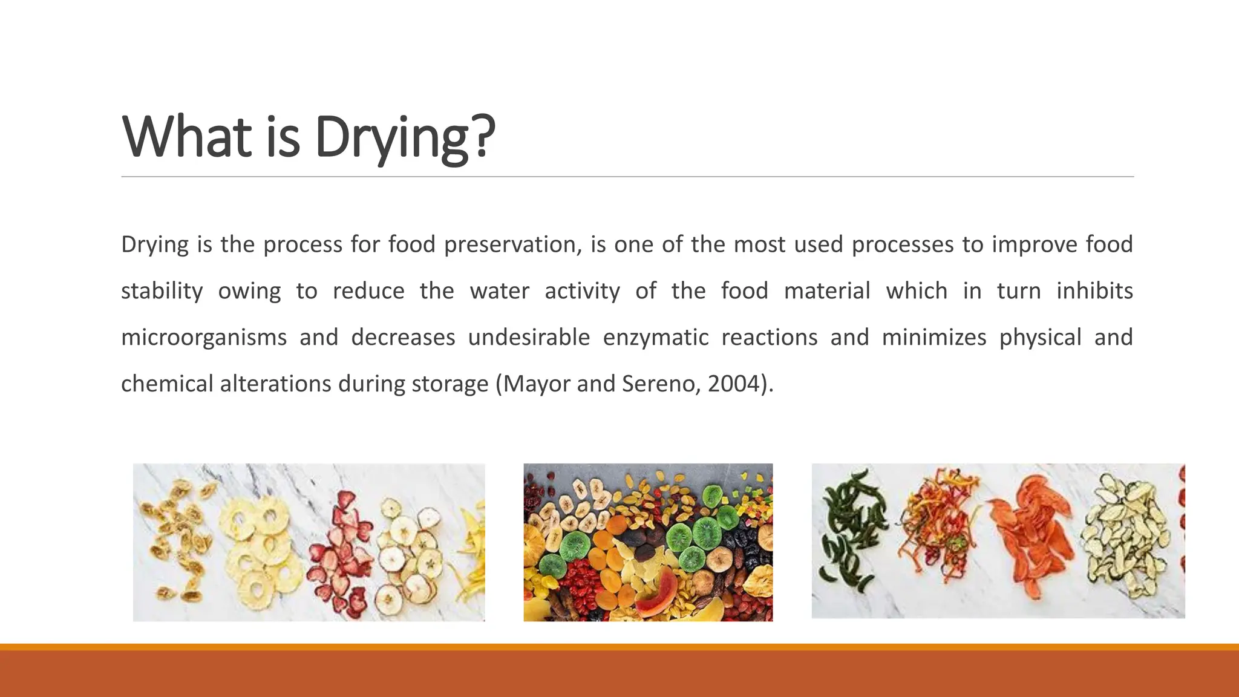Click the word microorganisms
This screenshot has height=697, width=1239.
tap(204, 338)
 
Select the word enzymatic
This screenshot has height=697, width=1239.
tap(655, 338)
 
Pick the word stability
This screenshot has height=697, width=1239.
tap(162, 292)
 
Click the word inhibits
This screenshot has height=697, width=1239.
tap(1094, 291)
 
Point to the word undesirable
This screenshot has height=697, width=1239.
tap(529, 338)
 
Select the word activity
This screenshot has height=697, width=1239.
tap(582, 292)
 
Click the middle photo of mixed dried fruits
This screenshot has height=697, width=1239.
tap(648, 542)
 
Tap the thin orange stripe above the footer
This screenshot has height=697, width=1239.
tap(619, 647)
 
